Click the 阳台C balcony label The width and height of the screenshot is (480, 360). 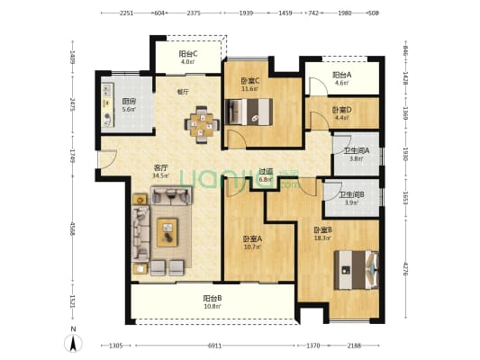click(187, 54)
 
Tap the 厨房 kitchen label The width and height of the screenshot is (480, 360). click(130, 101)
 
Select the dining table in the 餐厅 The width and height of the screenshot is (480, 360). click(202, 125)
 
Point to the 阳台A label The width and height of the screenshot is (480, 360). click(340, 75)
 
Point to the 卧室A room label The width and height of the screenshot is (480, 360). click(253, 238)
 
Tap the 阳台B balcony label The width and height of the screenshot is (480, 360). click(213, 298)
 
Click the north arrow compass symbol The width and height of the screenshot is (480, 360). click(72, 343)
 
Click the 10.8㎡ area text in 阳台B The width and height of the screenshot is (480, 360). click(213, 307)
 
